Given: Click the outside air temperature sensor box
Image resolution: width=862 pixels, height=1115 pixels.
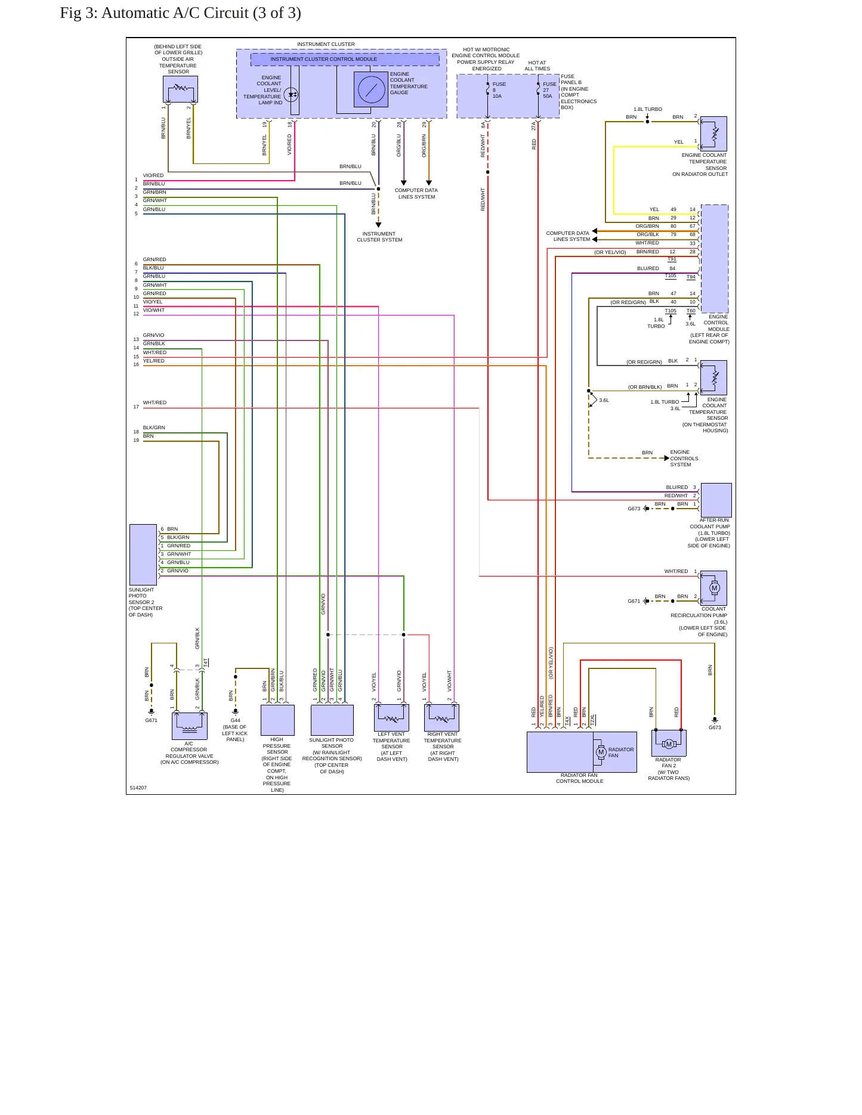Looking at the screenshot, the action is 180,89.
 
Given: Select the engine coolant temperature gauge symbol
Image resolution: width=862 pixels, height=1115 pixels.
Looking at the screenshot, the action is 371,90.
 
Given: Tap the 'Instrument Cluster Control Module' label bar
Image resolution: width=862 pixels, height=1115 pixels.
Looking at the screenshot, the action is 345,60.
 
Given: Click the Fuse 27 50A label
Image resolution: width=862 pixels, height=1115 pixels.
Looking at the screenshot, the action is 549,90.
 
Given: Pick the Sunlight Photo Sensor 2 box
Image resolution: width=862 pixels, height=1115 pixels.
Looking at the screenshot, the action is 143,555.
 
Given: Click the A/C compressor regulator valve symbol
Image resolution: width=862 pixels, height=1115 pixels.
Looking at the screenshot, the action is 190,726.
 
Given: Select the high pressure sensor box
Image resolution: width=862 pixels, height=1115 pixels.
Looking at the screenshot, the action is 277,720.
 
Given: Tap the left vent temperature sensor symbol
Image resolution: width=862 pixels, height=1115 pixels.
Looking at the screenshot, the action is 391,718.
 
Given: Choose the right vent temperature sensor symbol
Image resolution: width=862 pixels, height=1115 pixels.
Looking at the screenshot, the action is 442,718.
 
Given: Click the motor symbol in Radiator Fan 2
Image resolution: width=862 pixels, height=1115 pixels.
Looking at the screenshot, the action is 669,744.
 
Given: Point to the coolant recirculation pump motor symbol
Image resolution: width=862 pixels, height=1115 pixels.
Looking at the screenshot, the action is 714,588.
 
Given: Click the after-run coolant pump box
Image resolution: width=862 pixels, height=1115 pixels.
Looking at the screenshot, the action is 716,500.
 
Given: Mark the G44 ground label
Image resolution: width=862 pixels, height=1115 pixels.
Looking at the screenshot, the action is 236,721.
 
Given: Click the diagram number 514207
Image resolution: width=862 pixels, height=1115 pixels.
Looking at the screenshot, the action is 138,788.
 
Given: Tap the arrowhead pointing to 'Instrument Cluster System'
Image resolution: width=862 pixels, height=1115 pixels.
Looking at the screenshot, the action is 378,225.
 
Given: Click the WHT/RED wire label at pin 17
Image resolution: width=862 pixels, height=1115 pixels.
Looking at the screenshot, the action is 155,403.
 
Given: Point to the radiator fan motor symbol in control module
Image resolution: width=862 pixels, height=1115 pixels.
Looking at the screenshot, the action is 601,752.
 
